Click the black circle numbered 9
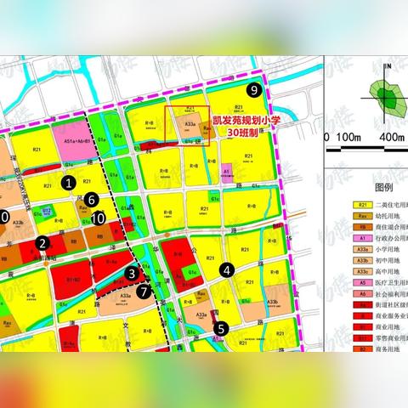(252, 90)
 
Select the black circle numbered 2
(41, 244)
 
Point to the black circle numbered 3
(131, 273)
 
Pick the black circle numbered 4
(227, 270)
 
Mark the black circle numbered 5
(219, 328)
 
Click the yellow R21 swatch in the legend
(363, 206)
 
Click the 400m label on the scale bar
(392, 137)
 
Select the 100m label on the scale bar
(349, 137)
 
